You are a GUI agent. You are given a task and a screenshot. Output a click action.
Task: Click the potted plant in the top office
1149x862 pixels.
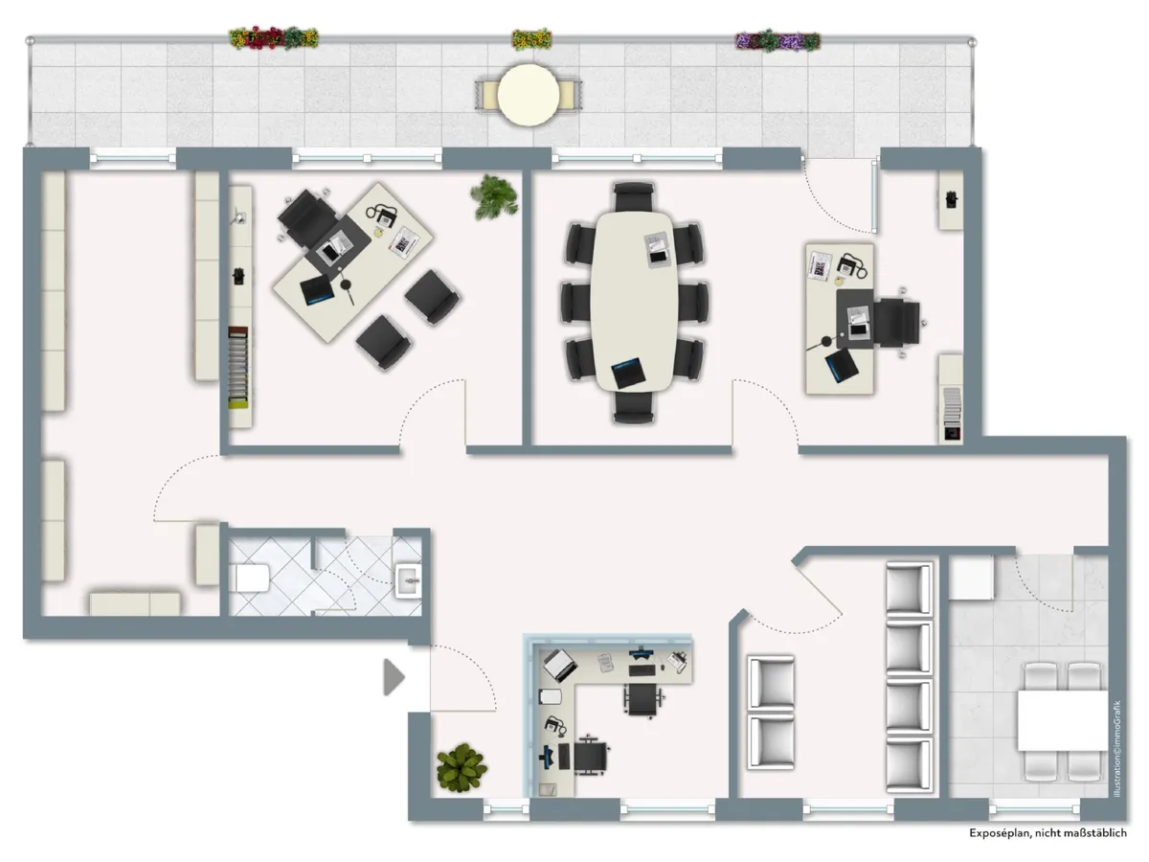495,196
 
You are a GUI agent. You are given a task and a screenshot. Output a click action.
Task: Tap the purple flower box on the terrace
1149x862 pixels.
777,41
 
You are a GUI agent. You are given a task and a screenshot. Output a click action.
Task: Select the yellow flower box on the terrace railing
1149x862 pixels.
531,39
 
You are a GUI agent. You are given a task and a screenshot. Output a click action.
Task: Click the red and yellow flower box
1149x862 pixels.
274,38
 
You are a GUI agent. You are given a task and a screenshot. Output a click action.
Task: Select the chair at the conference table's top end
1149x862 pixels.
631,196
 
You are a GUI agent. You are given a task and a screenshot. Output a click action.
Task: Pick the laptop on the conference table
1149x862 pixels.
628,372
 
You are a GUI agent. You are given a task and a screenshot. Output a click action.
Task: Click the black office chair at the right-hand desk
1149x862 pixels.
894,320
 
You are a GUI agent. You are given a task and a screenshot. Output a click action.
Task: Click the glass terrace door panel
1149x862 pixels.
875,196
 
